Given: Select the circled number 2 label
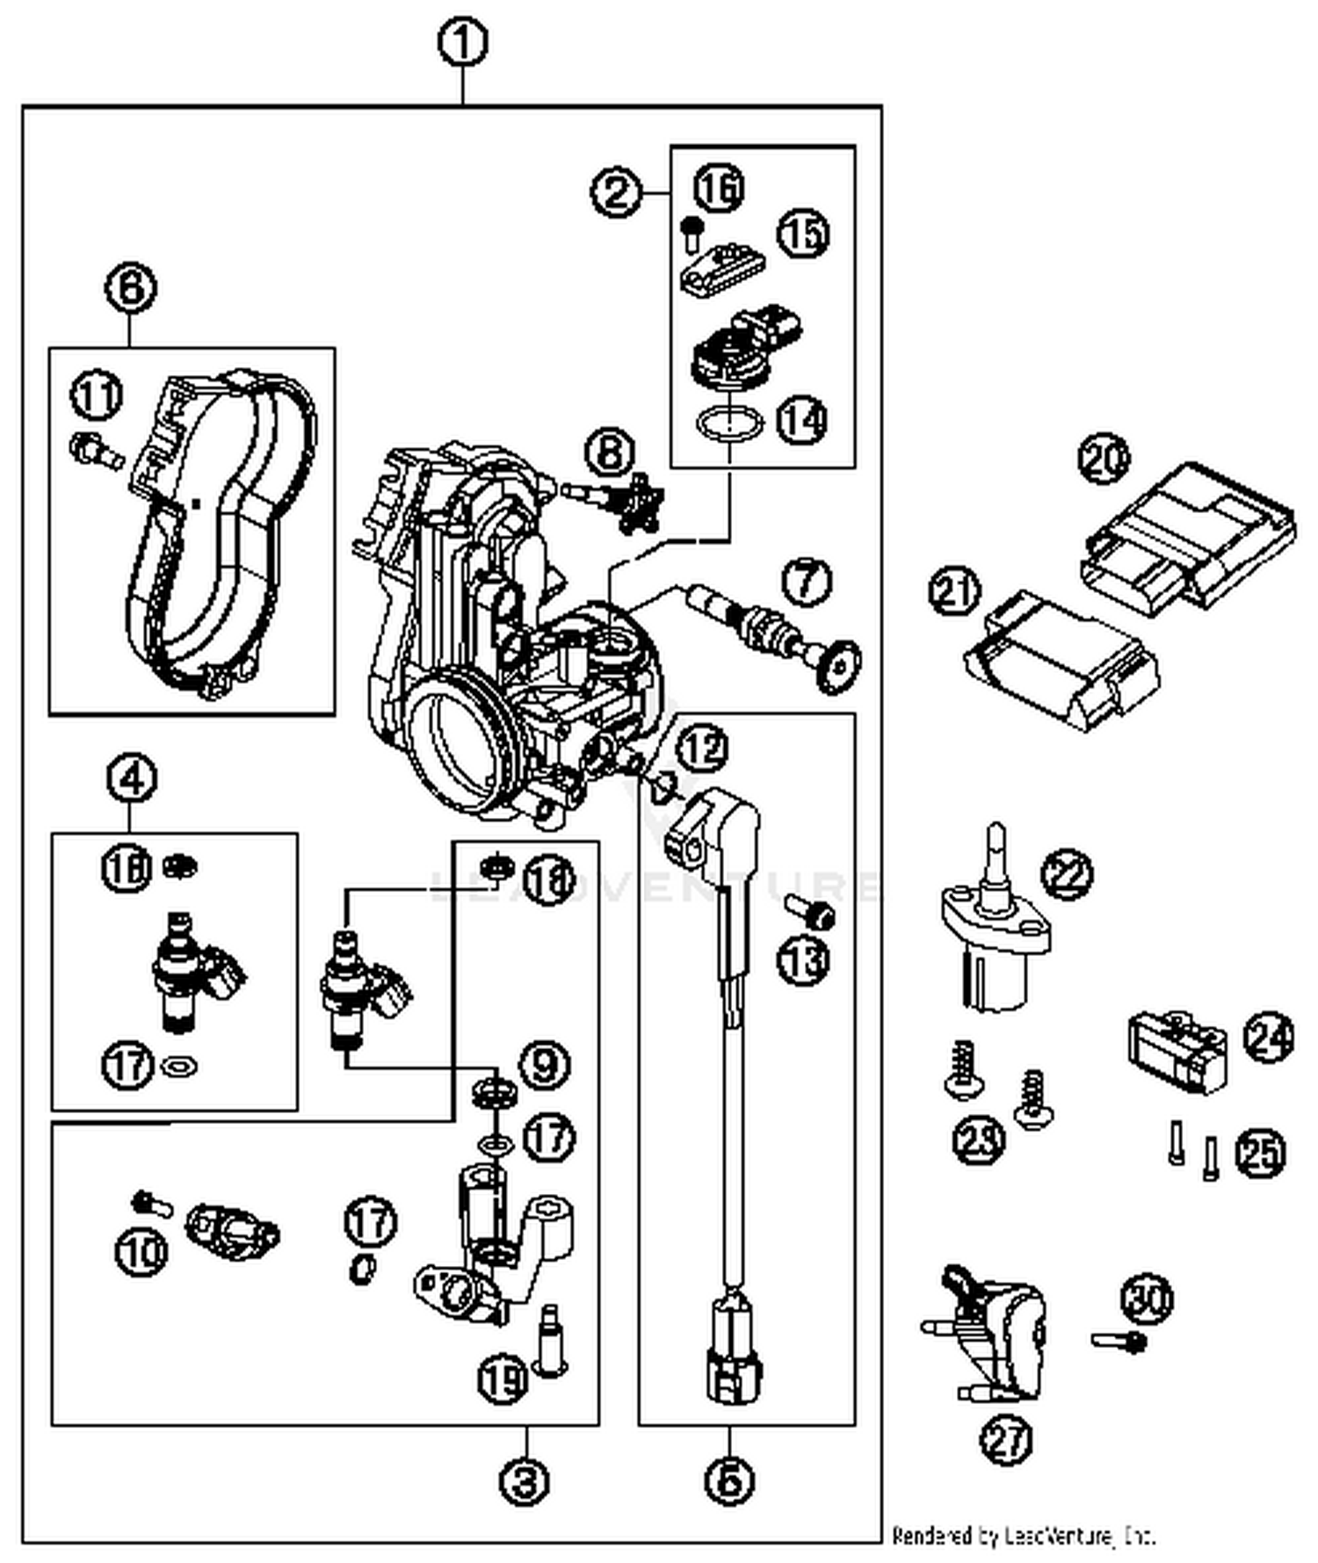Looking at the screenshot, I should pos(616,192).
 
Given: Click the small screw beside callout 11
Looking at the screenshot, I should pos(95,451).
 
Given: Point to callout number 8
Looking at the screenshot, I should pos(612,452).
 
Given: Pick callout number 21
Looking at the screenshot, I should pos(955,590).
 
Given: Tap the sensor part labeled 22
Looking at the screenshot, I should pos(993,931).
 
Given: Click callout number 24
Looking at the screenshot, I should pos(1268,1038).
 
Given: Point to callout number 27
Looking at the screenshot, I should pos(1007,1440).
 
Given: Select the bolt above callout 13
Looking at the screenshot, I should pos(810,914).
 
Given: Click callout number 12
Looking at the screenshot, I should pos(704,749).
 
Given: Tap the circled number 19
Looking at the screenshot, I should pos(503,1379).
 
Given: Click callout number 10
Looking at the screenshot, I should pos(141,1250).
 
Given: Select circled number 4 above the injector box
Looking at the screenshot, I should pos(131,779).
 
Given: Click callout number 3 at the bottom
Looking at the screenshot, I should pos(525,1482).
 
